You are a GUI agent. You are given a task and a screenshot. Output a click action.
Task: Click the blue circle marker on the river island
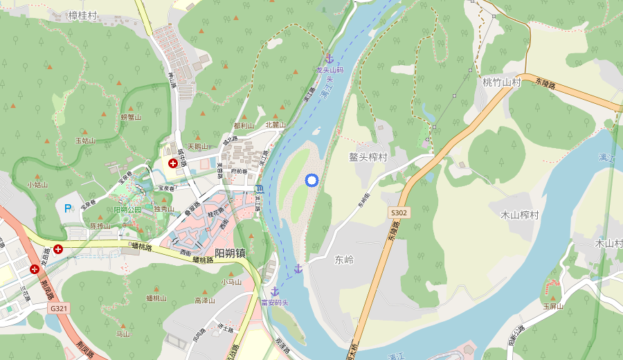tap(311, 181)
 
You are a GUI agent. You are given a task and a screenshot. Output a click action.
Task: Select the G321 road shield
tap(59, 307)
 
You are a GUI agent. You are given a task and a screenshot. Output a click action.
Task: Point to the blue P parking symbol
tap(68, 208)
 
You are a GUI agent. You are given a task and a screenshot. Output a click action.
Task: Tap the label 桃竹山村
tap(501, 82)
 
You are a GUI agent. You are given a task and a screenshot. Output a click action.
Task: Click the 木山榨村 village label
tap(520, 215)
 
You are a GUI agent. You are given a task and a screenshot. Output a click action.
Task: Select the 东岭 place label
tap(344, 260)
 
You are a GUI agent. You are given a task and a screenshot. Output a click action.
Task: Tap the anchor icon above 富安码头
tap(275, 291)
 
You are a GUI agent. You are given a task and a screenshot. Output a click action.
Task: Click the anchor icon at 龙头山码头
tap(329, 59)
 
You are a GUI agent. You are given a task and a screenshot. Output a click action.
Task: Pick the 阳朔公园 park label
tap(127, 210)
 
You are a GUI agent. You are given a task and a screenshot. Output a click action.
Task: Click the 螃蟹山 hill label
tap(131, 118)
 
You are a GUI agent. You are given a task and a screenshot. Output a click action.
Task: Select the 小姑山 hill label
tap(37, 185)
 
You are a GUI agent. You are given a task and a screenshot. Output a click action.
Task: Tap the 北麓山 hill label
tap(276, 125)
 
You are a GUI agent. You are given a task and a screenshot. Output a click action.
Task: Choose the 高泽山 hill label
tap(206, 300)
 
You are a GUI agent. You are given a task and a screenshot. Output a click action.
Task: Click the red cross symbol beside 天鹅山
tap(172, 163)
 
